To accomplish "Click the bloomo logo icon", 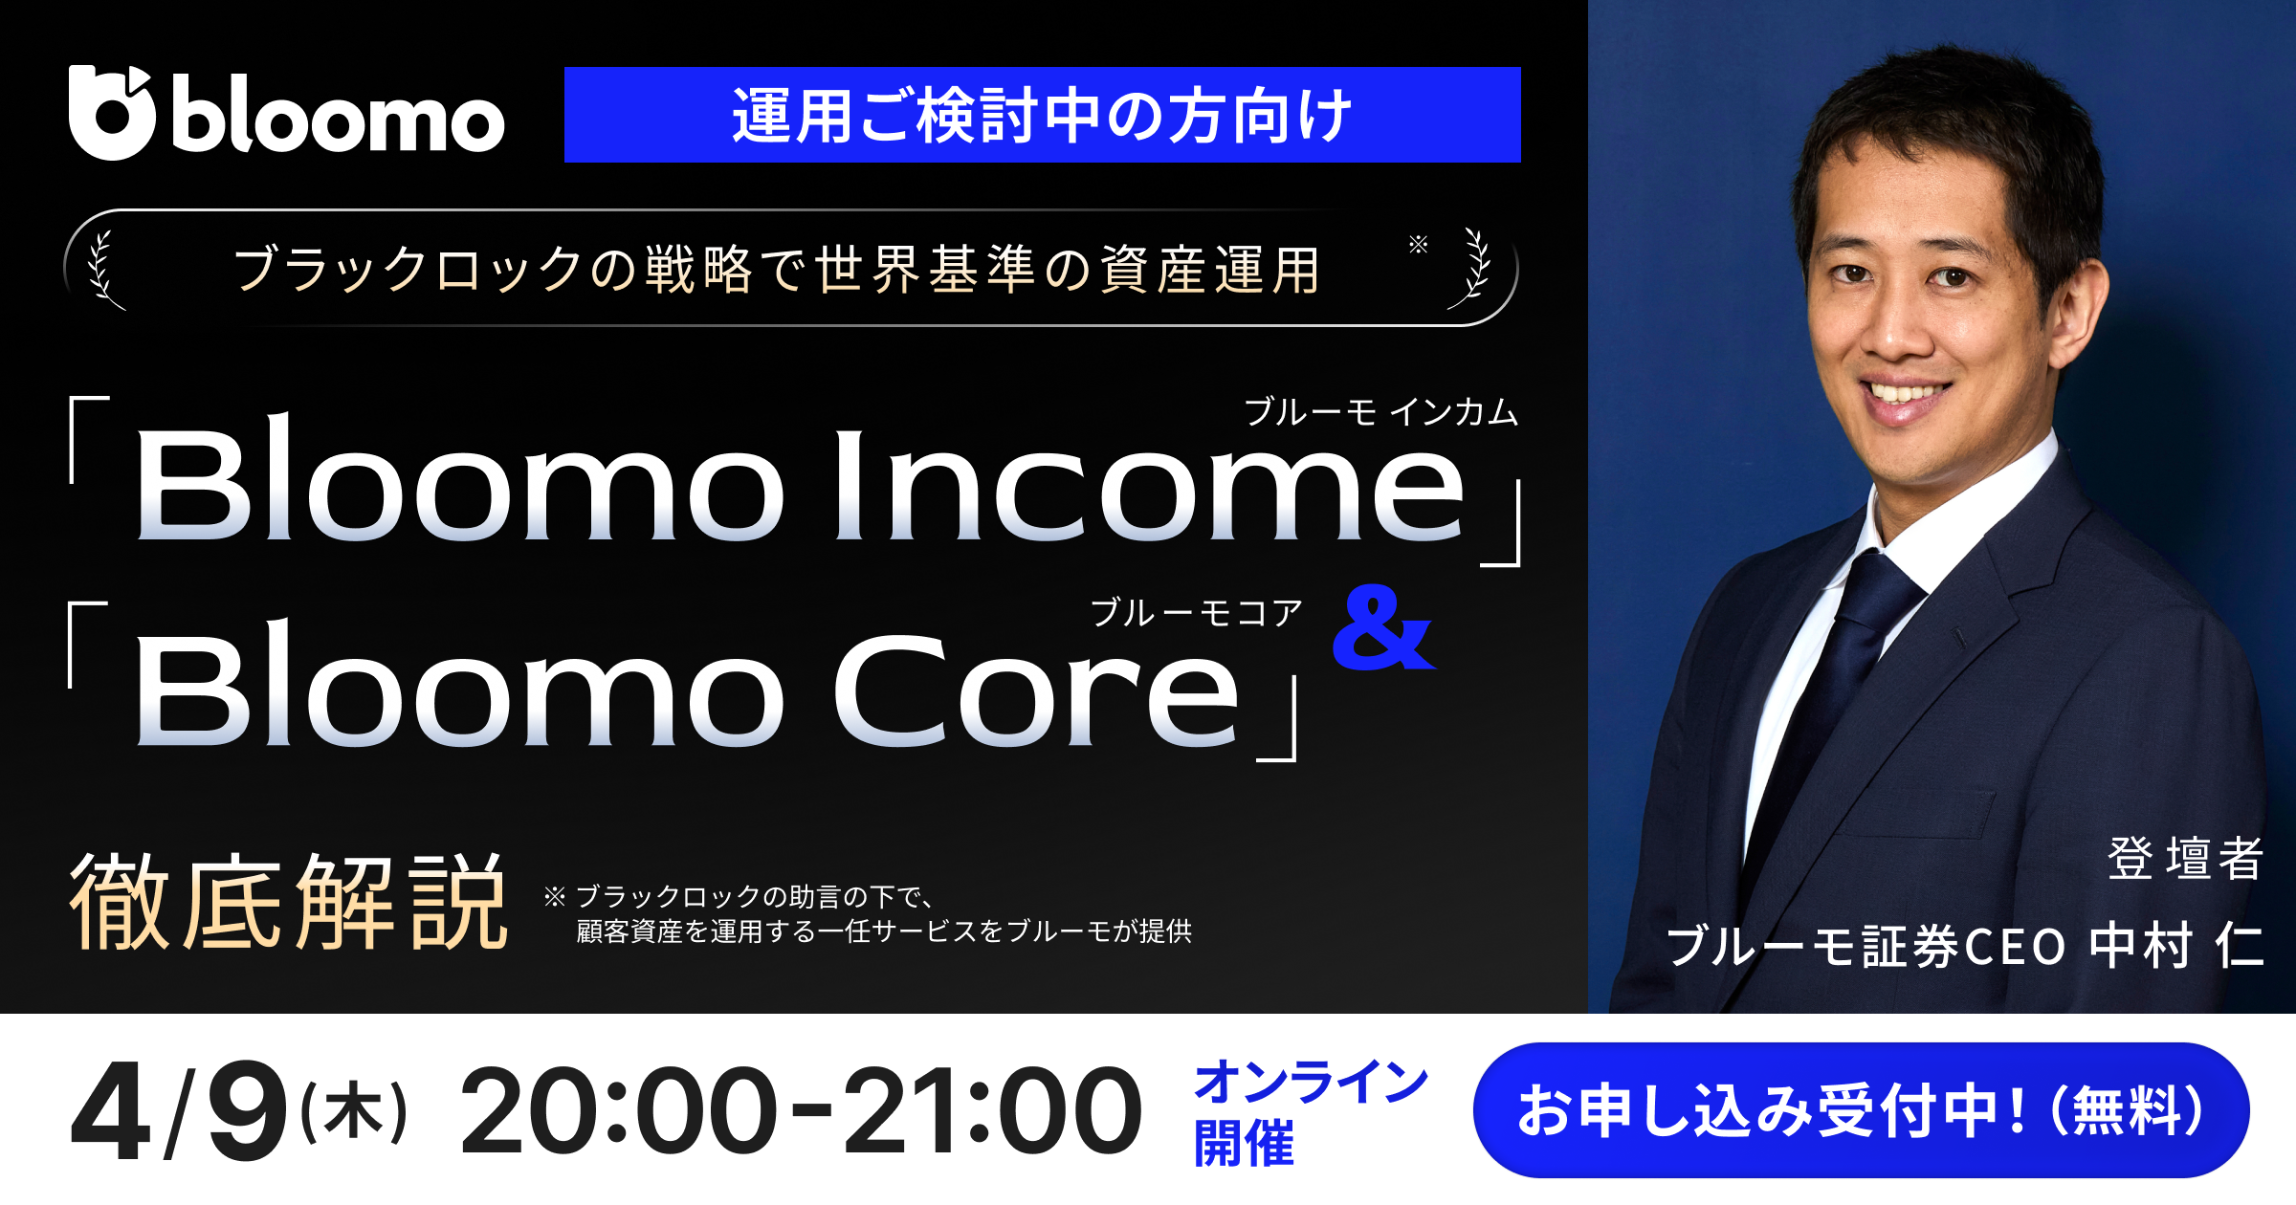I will point(111,113).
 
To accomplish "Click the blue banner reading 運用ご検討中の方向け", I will point(1042,115).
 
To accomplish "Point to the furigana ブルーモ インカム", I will point(1380,412).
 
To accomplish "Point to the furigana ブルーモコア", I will point(1196,612).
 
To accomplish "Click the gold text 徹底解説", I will point(287,902).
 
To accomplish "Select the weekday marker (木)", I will point(354,1112).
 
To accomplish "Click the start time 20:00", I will point(618,1111).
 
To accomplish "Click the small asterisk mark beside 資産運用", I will point(1418,245).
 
